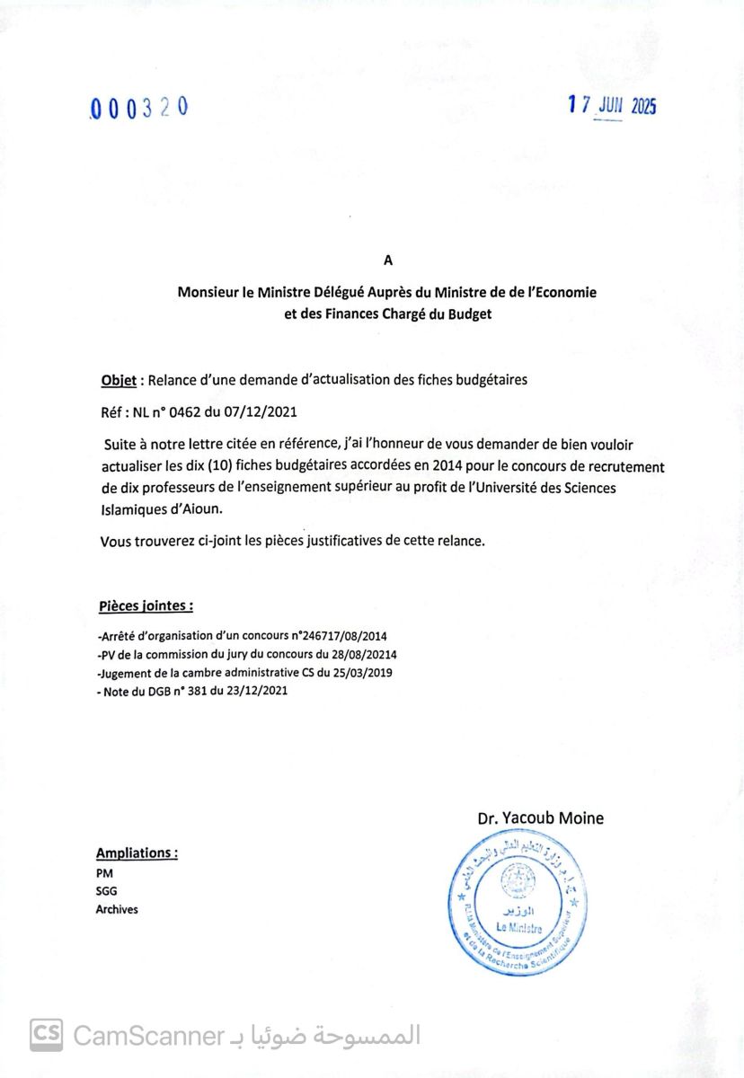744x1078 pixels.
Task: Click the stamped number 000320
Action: click(x=139, y=108)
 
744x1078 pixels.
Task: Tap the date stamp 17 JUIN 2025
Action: click(x=612, y=106)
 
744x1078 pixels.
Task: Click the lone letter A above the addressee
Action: click(x=388, y=261)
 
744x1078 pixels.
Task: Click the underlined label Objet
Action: click(x=118, y=380)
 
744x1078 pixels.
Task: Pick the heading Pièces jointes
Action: click(x=145, y=606)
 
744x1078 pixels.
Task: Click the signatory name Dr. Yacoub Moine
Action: click(x=540, y=817)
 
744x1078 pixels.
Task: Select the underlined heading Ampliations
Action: click(x=137, y=853)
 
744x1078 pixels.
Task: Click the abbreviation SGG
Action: click(x=106, y=891)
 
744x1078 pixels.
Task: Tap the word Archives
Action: click(x=117, y=909)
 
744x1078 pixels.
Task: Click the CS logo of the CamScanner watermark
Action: click(x=46, y=1035)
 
